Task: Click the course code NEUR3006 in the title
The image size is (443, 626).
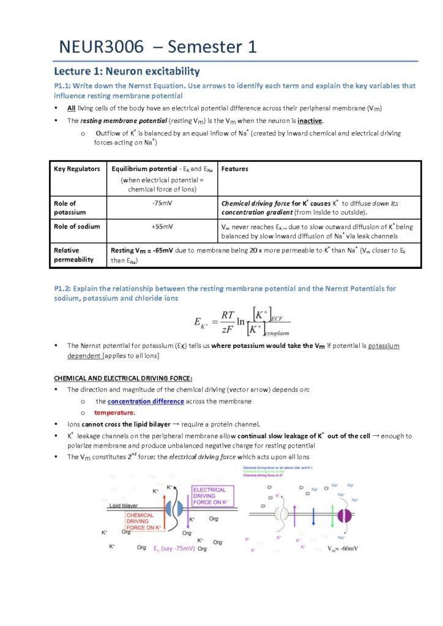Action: [101, 47]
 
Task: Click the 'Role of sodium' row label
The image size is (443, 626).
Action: [76, 226]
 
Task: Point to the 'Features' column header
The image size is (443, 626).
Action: [234, 169]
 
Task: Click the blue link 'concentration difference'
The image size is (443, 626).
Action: [146, 401]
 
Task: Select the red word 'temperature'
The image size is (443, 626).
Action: [113, 412]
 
